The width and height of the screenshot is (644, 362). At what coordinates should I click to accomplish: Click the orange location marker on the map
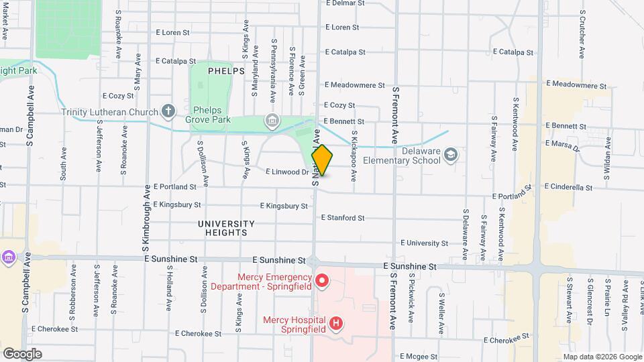[x=322, y=161]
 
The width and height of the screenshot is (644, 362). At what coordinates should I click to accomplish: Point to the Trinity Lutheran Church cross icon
[x=168, y=112]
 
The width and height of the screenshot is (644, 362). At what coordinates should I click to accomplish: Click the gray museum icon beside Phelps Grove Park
[x=272, y=121]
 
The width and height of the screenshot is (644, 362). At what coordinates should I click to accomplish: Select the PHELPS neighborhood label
[x=226, y=70]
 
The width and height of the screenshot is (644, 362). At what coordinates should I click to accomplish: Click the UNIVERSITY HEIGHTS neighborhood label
[x=226, y=228]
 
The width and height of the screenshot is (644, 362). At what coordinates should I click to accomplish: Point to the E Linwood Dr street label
[x=286, y=172]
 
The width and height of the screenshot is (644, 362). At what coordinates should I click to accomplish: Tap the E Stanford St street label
[x=342, y=218]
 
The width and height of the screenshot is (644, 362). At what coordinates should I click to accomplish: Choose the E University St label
[x=424, y=243]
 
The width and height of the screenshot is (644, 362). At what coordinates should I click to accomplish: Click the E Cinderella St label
[x=568, y=187]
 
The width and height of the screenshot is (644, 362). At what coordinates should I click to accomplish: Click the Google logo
[x=22, y=354]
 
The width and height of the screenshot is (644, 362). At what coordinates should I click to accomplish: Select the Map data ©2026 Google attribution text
[x=602, y=357]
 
